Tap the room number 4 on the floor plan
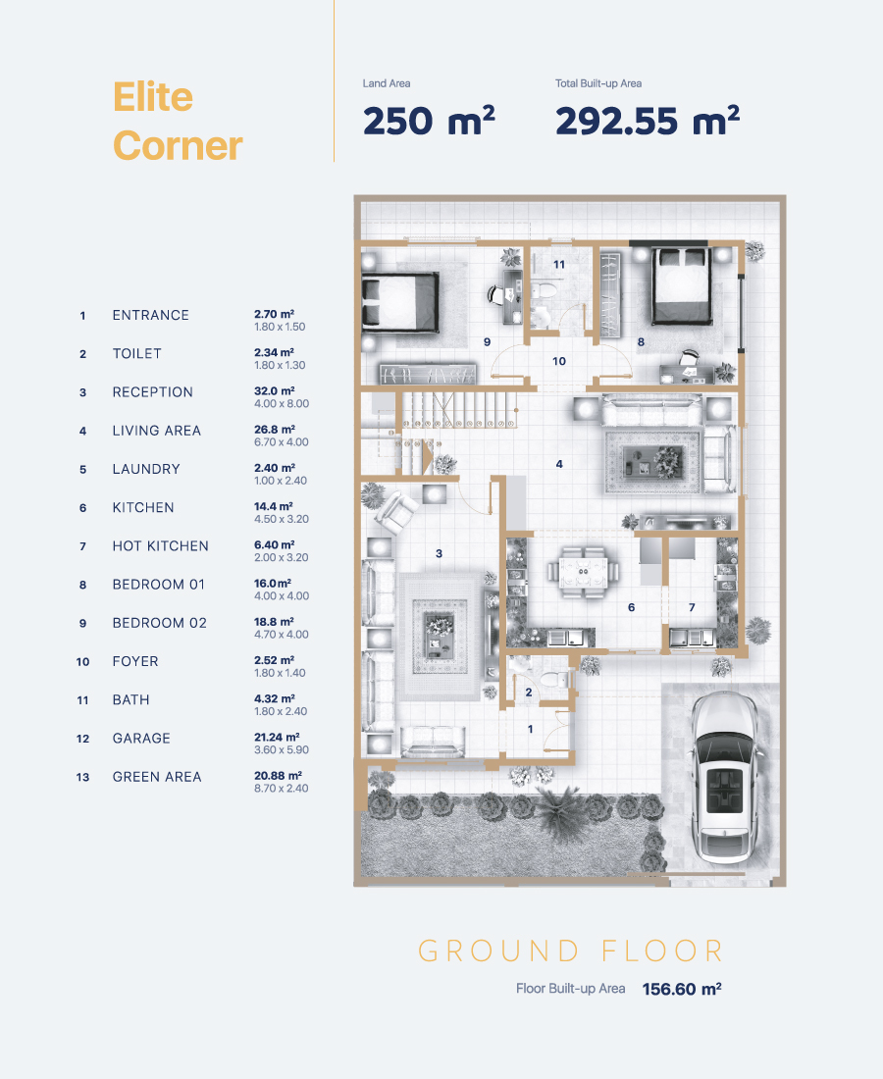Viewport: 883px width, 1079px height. (559, 465)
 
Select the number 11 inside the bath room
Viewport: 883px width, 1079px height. (559, 264)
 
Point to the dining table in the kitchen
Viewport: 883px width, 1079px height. (584, 571)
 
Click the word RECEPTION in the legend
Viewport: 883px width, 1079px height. (153, 392)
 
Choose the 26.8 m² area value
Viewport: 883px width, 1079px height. (275, 430)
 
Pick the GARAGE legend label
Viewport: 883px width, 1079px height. (141, 739)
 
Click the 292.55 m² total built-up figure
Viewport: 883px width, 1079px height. (647, 121)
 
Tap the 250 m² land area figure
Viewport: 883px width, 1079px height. (429, 121)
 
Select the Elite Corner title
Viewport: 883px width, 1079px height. (177, 121)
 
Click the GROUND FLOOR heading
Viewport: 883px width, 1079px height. (571, 951)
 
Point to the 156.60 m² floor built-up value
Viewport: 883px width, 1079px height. (681, 989)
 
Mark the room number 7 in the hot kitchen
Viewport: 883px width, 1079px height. (692, 607)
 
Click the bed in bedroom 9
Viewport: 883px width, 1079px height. (400, 301)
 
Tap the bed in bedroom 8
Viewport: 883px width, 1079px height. (681, 285)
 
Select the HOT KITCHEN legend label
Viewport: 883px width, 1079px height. (160, 546)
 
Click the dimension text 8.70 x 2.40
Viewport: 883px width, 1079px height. (281, 789)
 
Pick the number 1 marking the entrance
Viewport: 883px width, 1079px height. (530, 729)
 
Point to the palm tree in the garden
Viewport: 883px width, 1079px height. (562, 812)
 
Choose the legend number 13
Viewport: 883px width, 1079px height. (82, 778)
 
